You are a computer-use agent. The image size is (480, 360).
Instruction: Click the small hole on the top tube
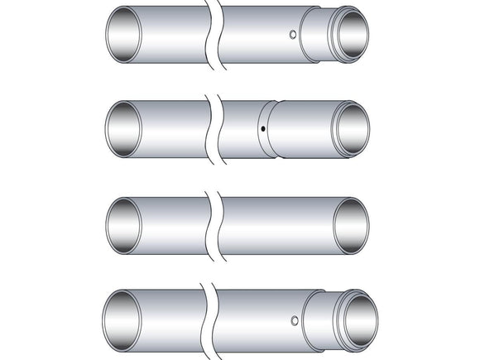[293, 35]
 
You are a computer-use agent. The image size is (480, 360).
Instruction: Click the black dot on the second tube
[262, 130]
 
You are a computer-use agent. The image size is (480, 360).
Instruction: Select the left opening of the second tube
[124, 128]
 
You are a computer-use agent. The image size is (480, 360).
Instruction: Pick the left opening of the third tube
[124, 224]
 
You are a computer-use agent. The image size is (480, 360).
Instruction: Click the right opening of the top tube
[351, 34]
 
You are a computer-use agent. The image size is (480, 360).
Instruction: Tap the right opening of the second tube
[350, 129]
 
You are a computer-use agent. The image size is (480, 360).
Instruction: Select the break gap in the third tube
[214, 224]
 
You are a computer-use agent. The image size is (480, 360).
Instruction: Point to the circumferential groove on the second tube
[270, 129]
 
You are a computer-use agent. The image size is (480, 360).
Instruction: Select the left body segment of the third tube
[170, 224]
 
